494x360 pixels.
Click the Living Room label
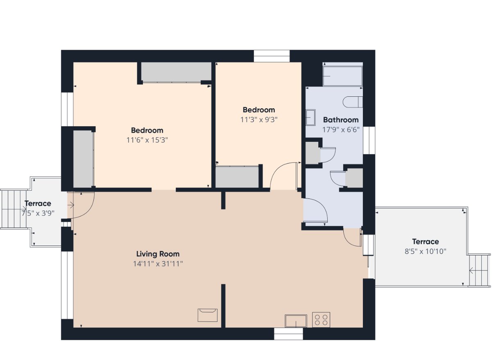(x=158, y=254)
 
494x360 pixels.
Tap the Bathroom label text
(x=341, y=120)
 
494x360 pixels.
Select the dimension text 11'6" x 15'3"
(x=147, y=140)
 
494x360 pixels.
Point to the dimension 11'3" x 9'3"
(x=259, y=120)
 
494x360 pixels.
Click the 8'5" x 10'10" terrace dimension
(x=426, y=251)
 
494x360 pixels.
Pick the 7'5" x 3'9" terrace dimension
(x=38, y=213)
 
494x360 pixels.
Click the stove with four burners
(x=321, y=320)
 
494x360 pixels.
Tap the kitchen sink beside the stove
(x=296, y=321)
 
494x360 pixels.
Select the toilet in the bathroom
(x=353, y=102)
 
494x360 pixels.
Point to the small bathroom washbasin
(x=310, y=117)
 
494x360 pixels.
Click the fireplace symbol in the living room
(x=208, y=315)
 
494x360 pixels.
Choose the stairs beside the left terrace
(x=14, y=209)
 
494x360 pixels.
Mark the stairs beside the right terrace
(x=479, y=271)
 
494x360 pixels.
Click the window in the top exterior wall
(x=272, y=56)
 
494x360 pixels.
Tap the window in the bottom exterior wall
(x=288, y=333)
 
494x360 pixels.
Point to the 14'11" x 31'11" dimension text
(x=158, y=264)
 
